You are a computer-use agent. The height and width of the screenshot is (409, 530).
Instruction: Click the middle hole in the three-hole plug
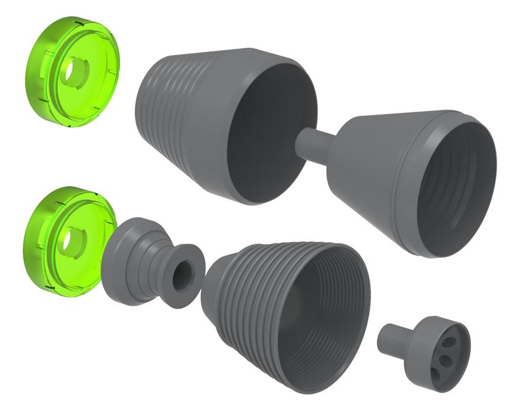(443, 358)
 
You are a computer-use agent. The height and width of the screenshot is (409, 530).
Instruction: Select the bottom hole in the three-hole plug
(438, 372)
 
